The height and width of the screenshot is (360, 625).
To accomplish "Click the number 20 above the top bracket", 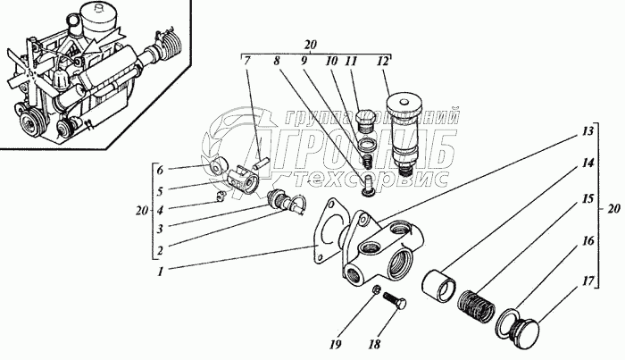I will click(311, 43).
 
